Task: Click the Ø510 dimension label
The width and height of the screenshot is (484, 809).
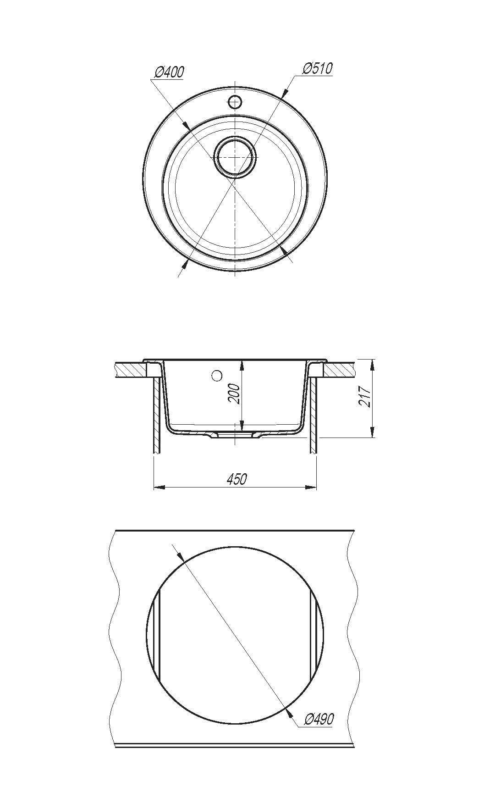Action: tap(318, 68)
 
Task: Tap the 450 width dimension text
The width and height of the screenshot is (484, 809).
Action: tap(236, 479)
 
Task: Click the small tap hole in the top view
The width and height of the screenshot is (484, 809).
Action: tap(235, 101)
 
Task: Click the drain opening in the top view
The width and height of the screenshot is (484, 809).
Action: tap(235, 156)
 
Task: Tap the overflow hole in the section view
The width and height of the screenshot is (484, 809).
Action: tap(217, 376)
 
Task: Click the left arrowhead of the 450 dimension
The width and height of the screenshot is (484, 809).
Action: tap(158, 487)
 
